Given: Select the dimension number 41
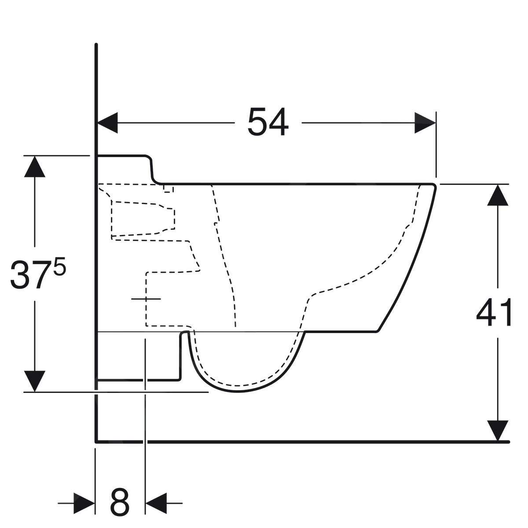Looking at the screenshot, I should point(494,313).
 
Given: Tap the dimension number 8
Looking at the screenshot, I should point(119,502).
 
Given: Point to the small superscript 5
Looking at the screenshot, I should point(60,268).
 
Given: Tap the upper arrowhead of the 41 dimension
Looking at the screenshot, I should point(498,195).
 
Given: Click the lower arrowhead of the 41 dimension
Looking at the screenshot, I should point(498,430).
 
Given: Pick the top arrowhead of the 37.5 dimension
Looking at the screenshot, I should point(35,167).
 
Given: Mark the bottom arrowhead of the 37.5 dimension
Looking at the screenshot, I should point(35,381).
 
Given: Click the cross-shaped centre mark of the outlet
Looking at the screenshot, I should point(146,299).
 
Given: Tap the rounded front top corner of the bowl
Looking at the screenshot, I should point(433,186).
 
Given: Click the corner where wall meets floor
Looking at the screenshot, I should point(96,441).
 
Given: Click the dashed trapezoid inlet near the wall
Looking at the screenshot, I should point(143,219).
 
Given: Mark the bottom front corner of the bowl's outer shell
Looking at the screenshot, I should point(378,330).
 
